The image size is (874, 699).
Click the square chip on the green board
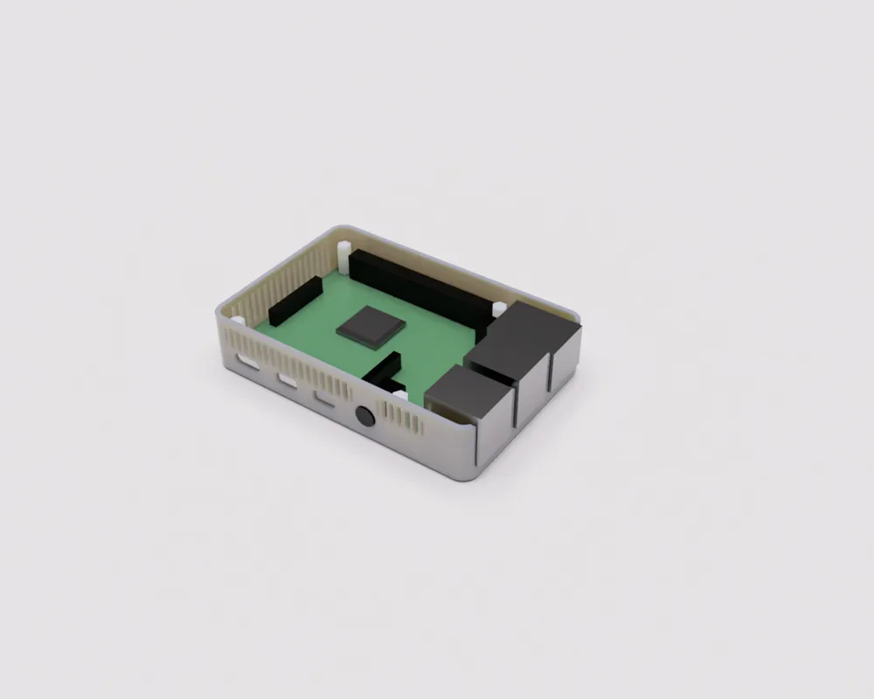pyautogui.click(x=371, y=328)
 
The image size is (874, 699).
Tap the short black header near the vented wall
pyautogui.click(x=294, y=300)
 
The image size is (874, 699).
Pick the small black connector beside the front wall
pyautogui.click(x=385, y=371)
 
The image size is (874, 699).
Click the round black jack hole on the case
pyautogui.click(x=365, y=417)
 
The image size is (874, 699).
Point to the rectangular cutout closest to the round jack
pyautogui.click(x=325, y=399)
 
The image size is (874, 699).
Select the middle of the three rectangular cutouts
pyautogui.click(x=288, y=381)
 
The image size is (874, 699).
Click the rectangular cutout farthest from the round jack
pyautogui.click(x=249, y=362)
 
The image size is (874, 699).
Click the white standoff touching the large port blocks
pyautogui.click(x=498, y=309)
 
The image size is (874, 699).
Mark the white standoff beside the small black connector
pyautogui.click(x=399, y=396)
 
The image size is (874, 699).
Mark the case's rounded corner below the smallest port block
pyautogui.click(x=472, y=467)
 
